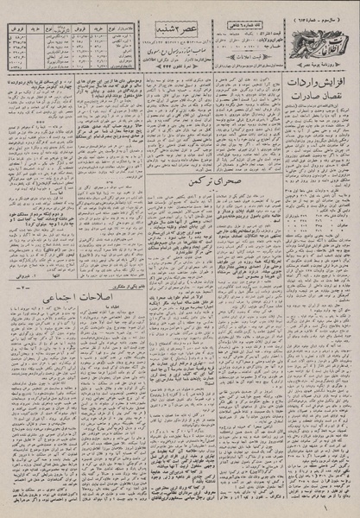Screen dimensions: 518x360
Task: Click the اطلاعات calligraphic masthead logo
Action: [321, 34]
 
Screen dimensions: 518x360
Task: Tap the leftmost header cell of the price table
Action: [15, 16]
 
